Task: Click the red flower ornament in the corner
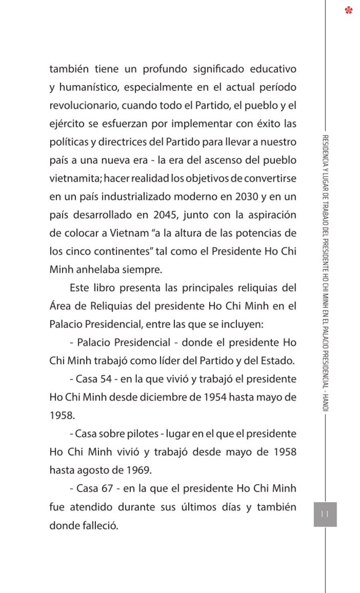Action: [349, 10]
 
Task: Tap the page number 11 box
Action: [325, 514]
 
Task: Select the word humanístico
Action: [89, 87]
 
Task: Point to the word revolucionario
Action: [84, 106]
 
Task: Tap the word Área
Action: [60, 306]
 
